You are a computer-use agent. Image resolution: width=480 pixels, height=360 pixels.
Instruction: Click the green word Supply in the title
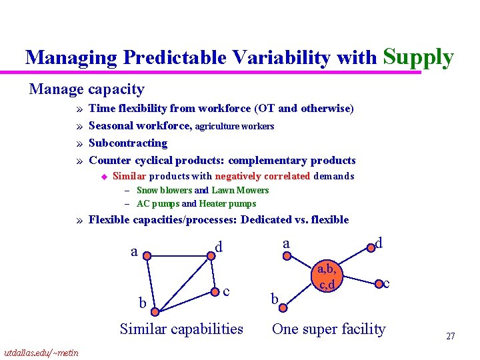click(419, 57)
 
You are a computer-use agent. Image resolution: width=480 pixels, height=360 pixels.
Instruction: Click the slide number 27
click(450, 336)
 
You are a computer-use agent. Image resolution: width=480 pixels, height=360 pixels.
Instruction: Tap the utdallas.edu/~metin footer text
click(41, 353)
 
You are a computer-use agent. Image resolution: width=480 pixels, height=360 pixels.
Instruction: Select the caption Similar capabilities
click(181, 329)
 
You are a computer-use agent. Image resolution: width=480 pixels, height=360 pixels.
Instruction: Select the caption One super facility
click(329, 329)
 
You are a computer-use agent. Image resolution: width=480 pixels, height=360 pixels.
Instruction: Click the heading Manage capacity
click(87, 89)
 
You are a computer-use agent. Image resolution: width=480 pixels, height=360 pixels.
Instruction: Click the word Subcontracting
click(128, 143)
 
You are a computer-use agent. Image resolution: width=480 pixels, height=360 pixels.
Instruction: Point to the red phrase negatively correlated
click(262, 177)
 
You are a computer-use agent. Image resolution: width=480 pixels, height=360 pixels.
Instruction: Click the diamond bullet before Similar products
click(104, 177)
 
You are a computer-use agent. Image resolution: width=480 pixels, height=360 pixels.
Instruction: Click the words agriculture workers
click(234, 126)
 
